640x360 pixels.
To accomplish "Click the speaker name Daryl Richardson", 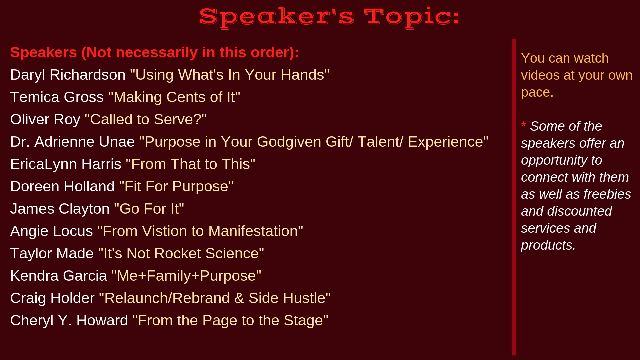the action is (68, 75).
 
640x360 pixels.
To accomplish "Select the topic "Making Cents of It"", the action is (174, 97).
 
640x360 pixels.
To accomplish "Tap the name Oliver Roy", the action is (45, 120).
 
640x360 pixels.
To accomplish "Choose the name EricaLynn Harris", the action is (66, 164).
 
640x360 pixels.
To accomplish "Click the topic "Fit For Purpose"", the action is (176, 186).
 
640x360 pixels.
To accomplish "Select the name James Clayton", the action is (60, 209).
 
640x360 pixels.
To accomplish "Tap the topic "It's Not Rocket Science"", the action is (181, 253).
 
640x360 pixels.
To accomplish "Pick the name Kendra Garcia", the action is (59, 276).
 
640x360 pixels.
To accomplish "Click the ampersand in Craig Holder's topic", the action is (239, 298).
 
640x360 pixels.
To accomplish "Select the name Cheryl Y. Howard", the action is (69, 321).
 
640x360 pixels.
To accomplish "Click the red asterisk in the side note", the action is (523, 125).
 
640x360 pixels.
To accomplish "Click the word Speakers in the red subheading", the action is (44, 53).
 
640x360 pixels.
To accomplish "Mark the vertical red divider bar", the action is (514, 197).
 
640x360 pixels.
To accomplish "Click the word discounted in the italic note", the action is (579, 211).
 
